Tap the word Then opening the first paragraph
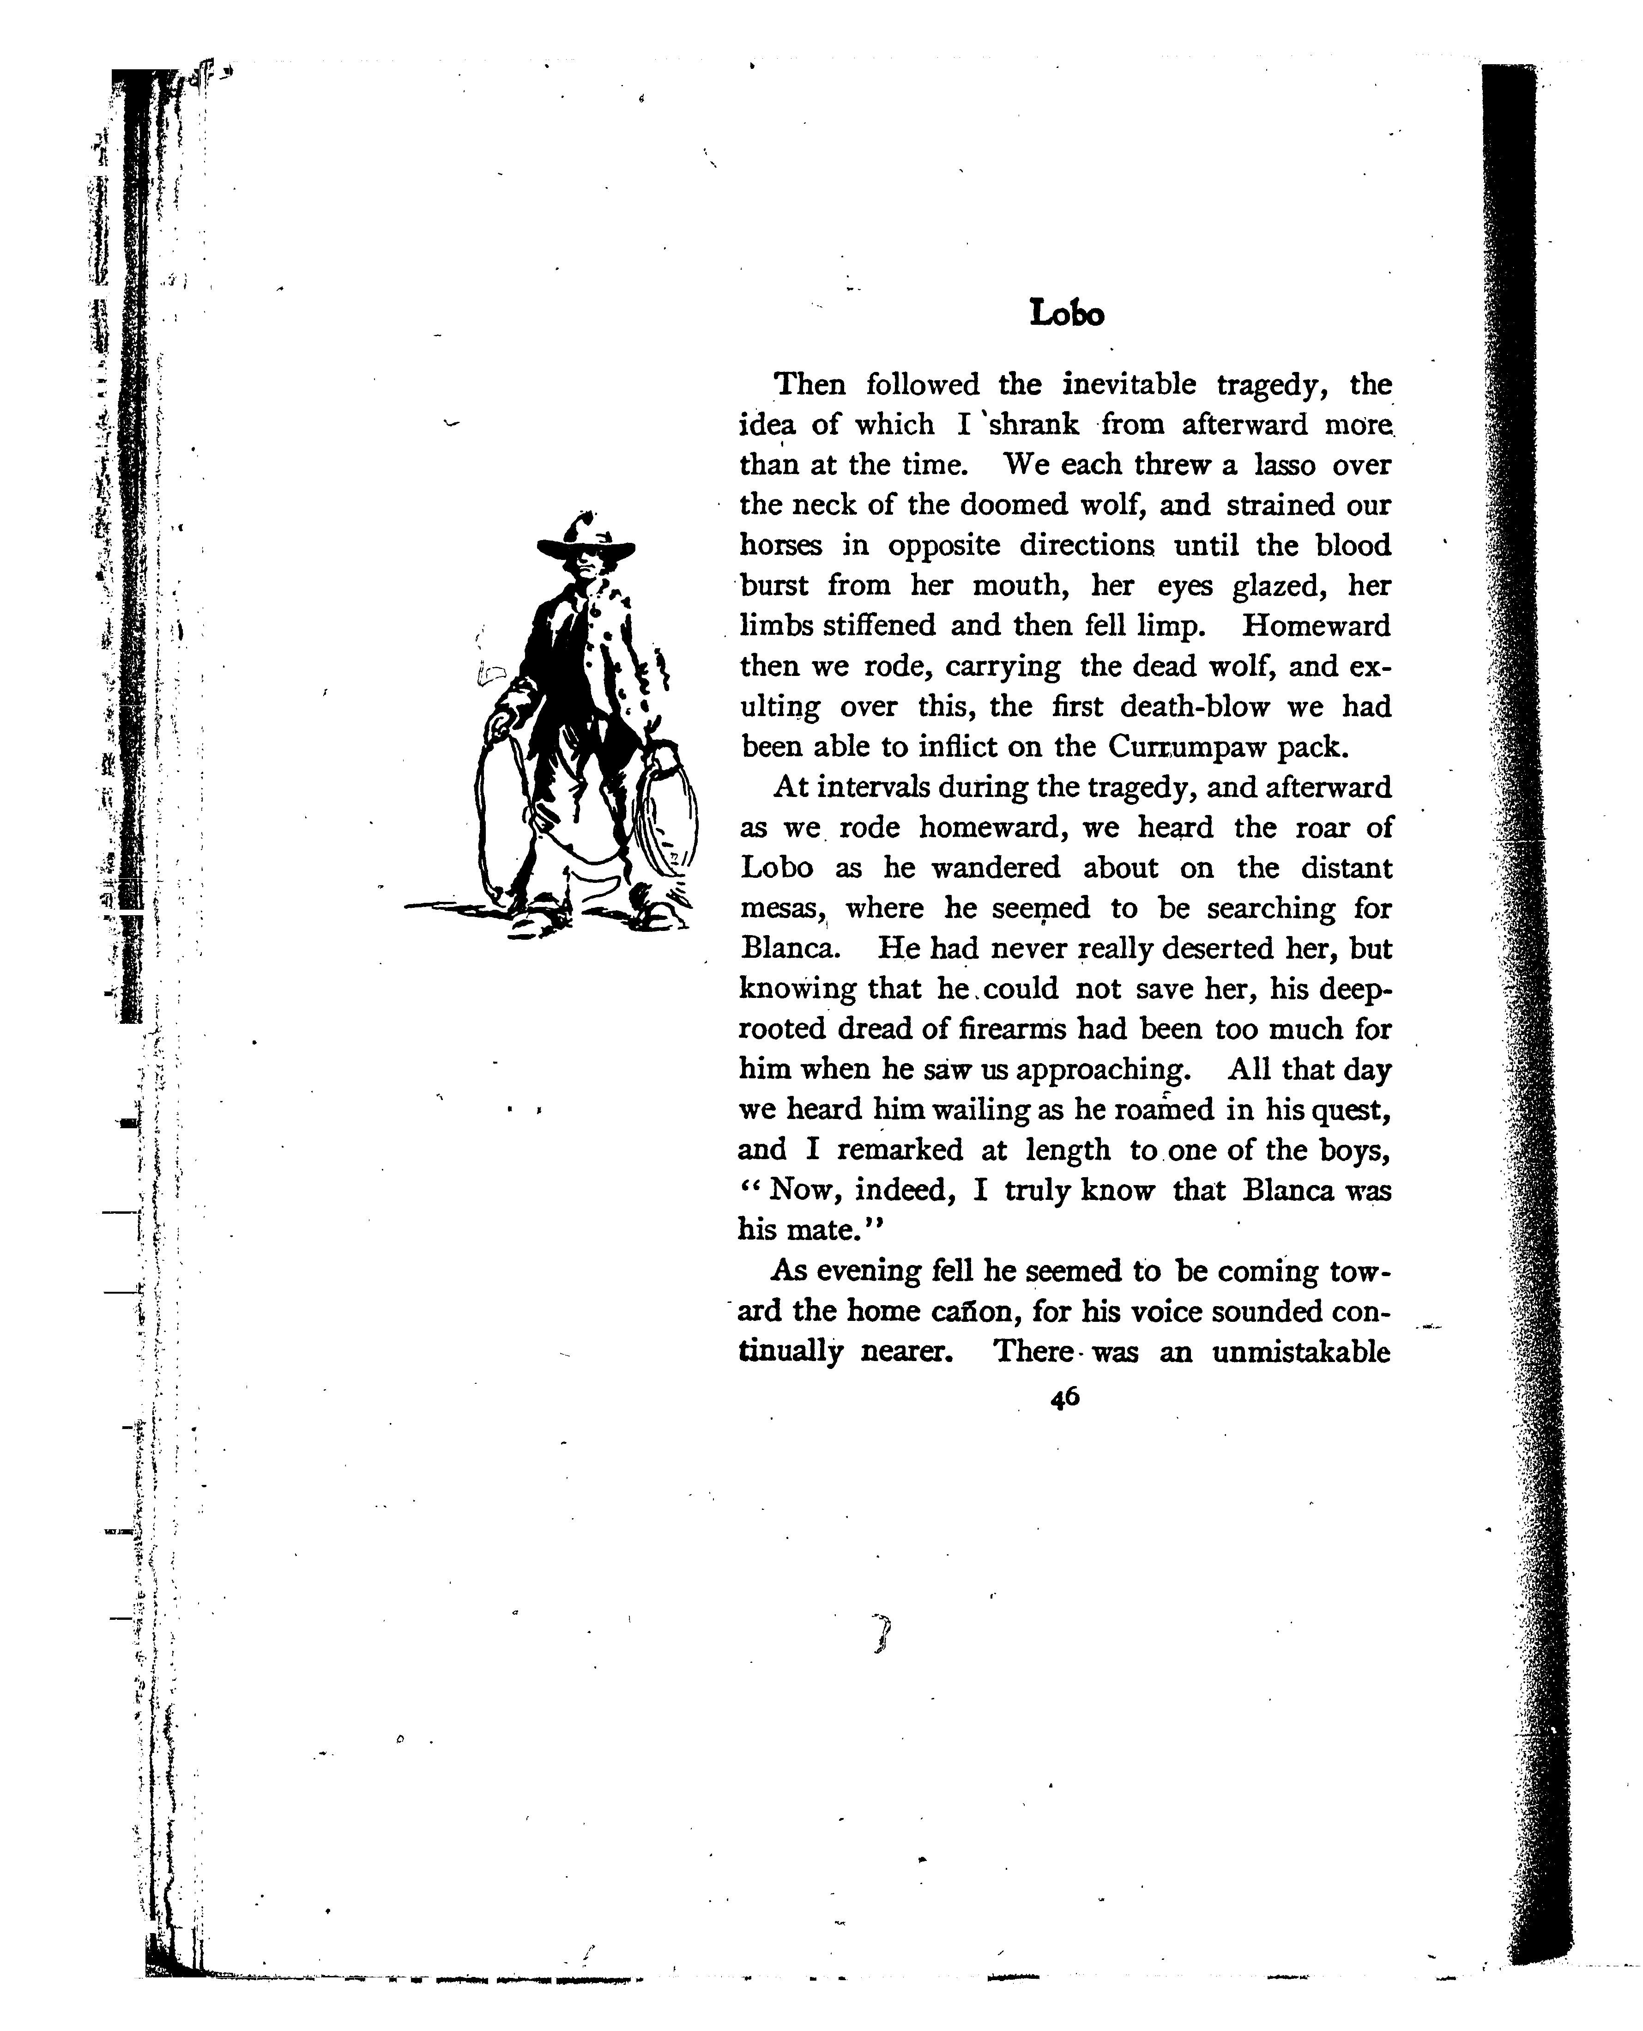[x=810, y=384]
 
